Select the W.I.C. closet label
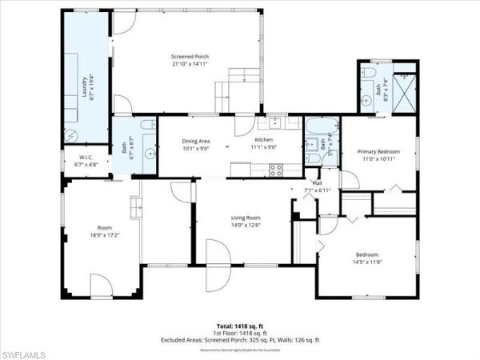[85, 156]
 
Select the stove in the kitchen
[276, 170]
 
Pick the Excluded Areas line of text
[239, 341]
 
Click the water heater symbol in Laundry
[70, 134]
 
